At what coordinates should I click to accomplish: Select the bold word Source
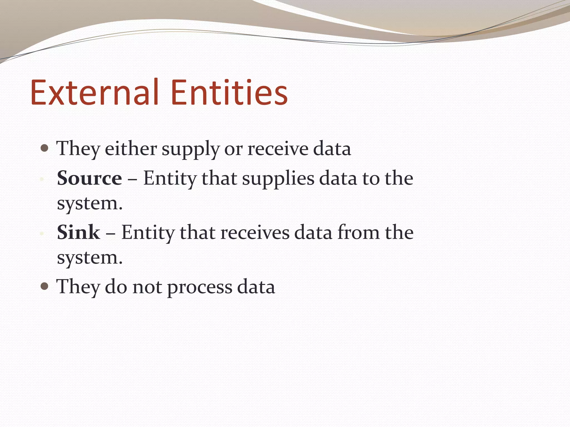coord(89,178)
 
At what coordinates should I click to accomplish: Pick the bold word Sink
coord(78,232)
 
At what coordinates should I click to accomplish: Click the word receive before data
coord(278,149)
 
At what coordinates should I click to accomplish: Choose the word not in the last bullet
coord(147,287)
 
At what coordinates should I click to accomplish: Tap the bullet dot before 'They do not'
coord(45,286)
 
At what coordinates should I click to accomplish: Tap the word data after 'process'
coord(256,287)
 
